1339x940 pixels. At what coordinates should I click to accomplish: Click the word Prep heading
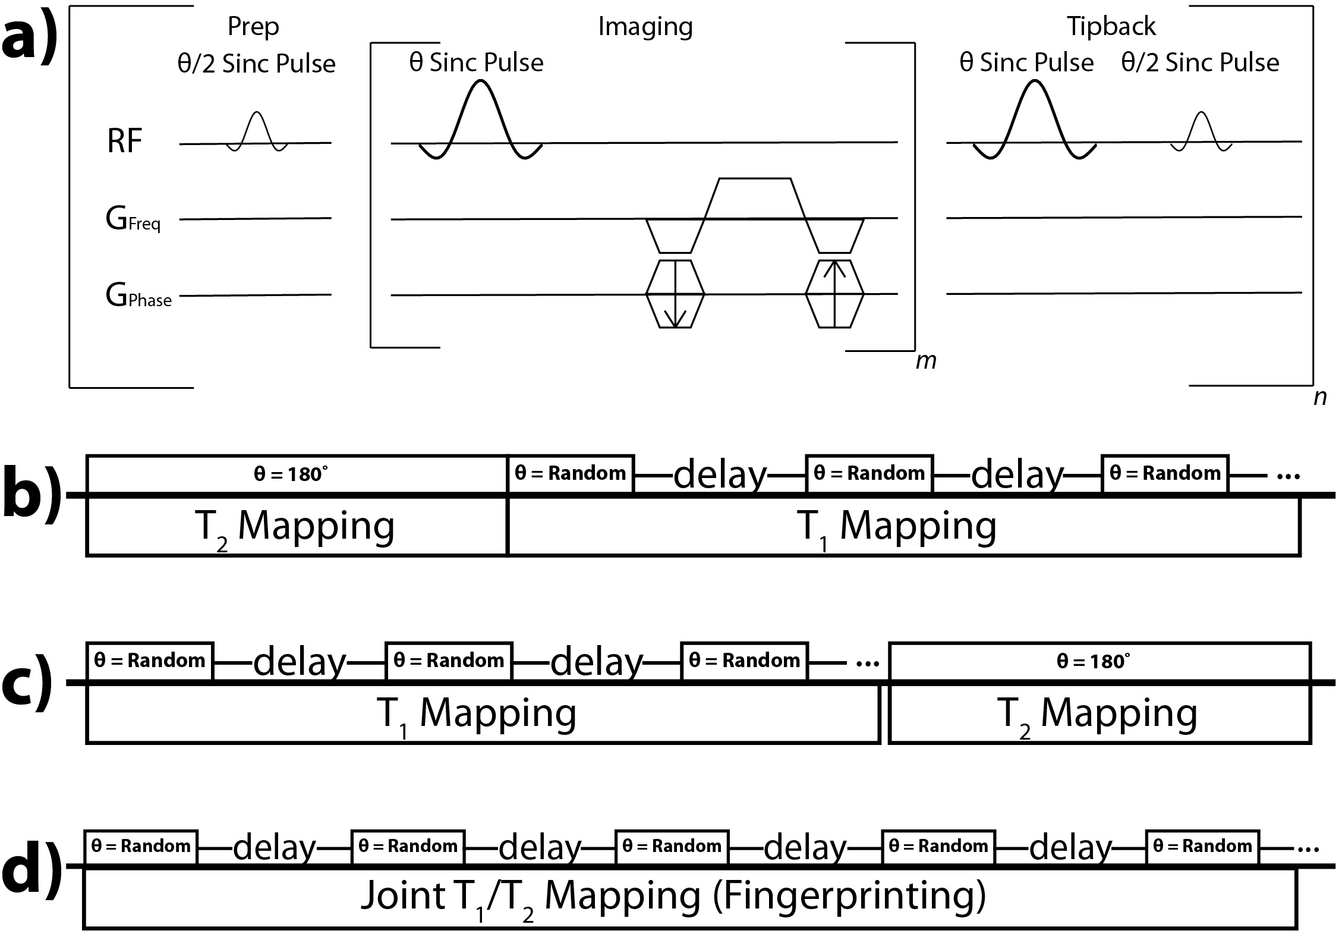pyautogui.click(x=253, y=27)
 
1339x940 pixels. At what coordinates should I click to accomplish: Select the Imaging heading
pyautogui.click(x=645, y=27)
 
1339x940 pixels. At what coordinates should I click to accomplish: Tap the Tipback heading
pyautogui.click(x=1111, y=27)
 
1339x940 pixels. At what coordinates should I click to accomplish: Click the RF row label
pyautogui.click(x=124, y=142)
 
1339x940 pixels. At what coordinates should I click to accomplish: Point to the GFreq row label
pyautogui.click(x=133, y=221)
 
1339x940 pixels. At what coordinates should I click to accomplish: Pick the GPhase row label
pyautogui.click(x=138, y=295)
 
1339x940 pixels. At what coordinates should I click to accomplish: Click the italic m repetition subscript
pyautogui.click(x=925, y=360)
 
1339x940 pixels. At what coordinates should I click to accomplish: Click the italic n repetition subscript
pyautogui.click(x=1319, y=397)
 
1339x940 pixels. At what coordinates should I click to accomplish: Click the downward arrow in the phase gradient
pyautogui.click(x=675, y=295)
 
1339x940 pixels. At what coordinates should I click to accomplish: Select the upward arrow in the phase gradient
pyautogui.click(x=834, y=294)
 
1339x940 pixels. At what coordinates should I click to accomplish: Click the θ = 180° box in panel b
pyautogui.click(x=296, y=474)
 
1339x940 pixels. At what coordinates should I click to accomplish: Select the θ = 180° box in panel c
pyautogui.click(x=1099, y=661)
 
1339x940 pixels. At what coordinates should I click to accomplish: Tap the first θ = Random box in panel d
pyautogui.click(x=140, y=846)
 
